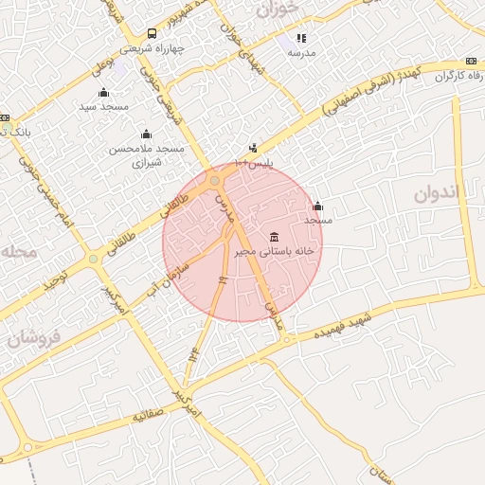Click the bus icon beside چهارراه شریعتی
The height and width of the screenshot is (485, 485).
coord(153,34)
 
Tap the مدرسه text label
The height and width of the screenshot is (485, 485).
coord(301,53)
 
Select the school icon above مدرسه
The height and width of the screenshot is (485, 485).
coord(301,39)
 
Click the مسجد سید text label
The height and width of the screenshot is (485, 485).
coord(103,107)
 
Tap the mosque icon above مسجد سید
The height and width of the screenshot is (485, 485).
coord(103,92)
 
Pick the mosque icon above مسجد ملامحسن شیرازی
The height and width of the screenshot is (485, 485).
coord(145,134)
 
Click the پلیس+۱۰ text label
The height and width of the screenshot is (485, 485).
coord(253,163)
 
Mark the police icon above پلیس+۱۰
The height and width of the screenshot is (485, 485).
coord(252,148)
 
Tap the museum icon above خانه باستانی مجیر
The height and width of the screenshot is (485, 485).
coord(275,236)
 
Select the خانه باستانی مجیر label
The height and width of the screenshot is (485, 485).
coord(275,252)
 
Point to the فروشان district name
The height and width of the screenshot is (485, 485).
coord(35,337)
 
